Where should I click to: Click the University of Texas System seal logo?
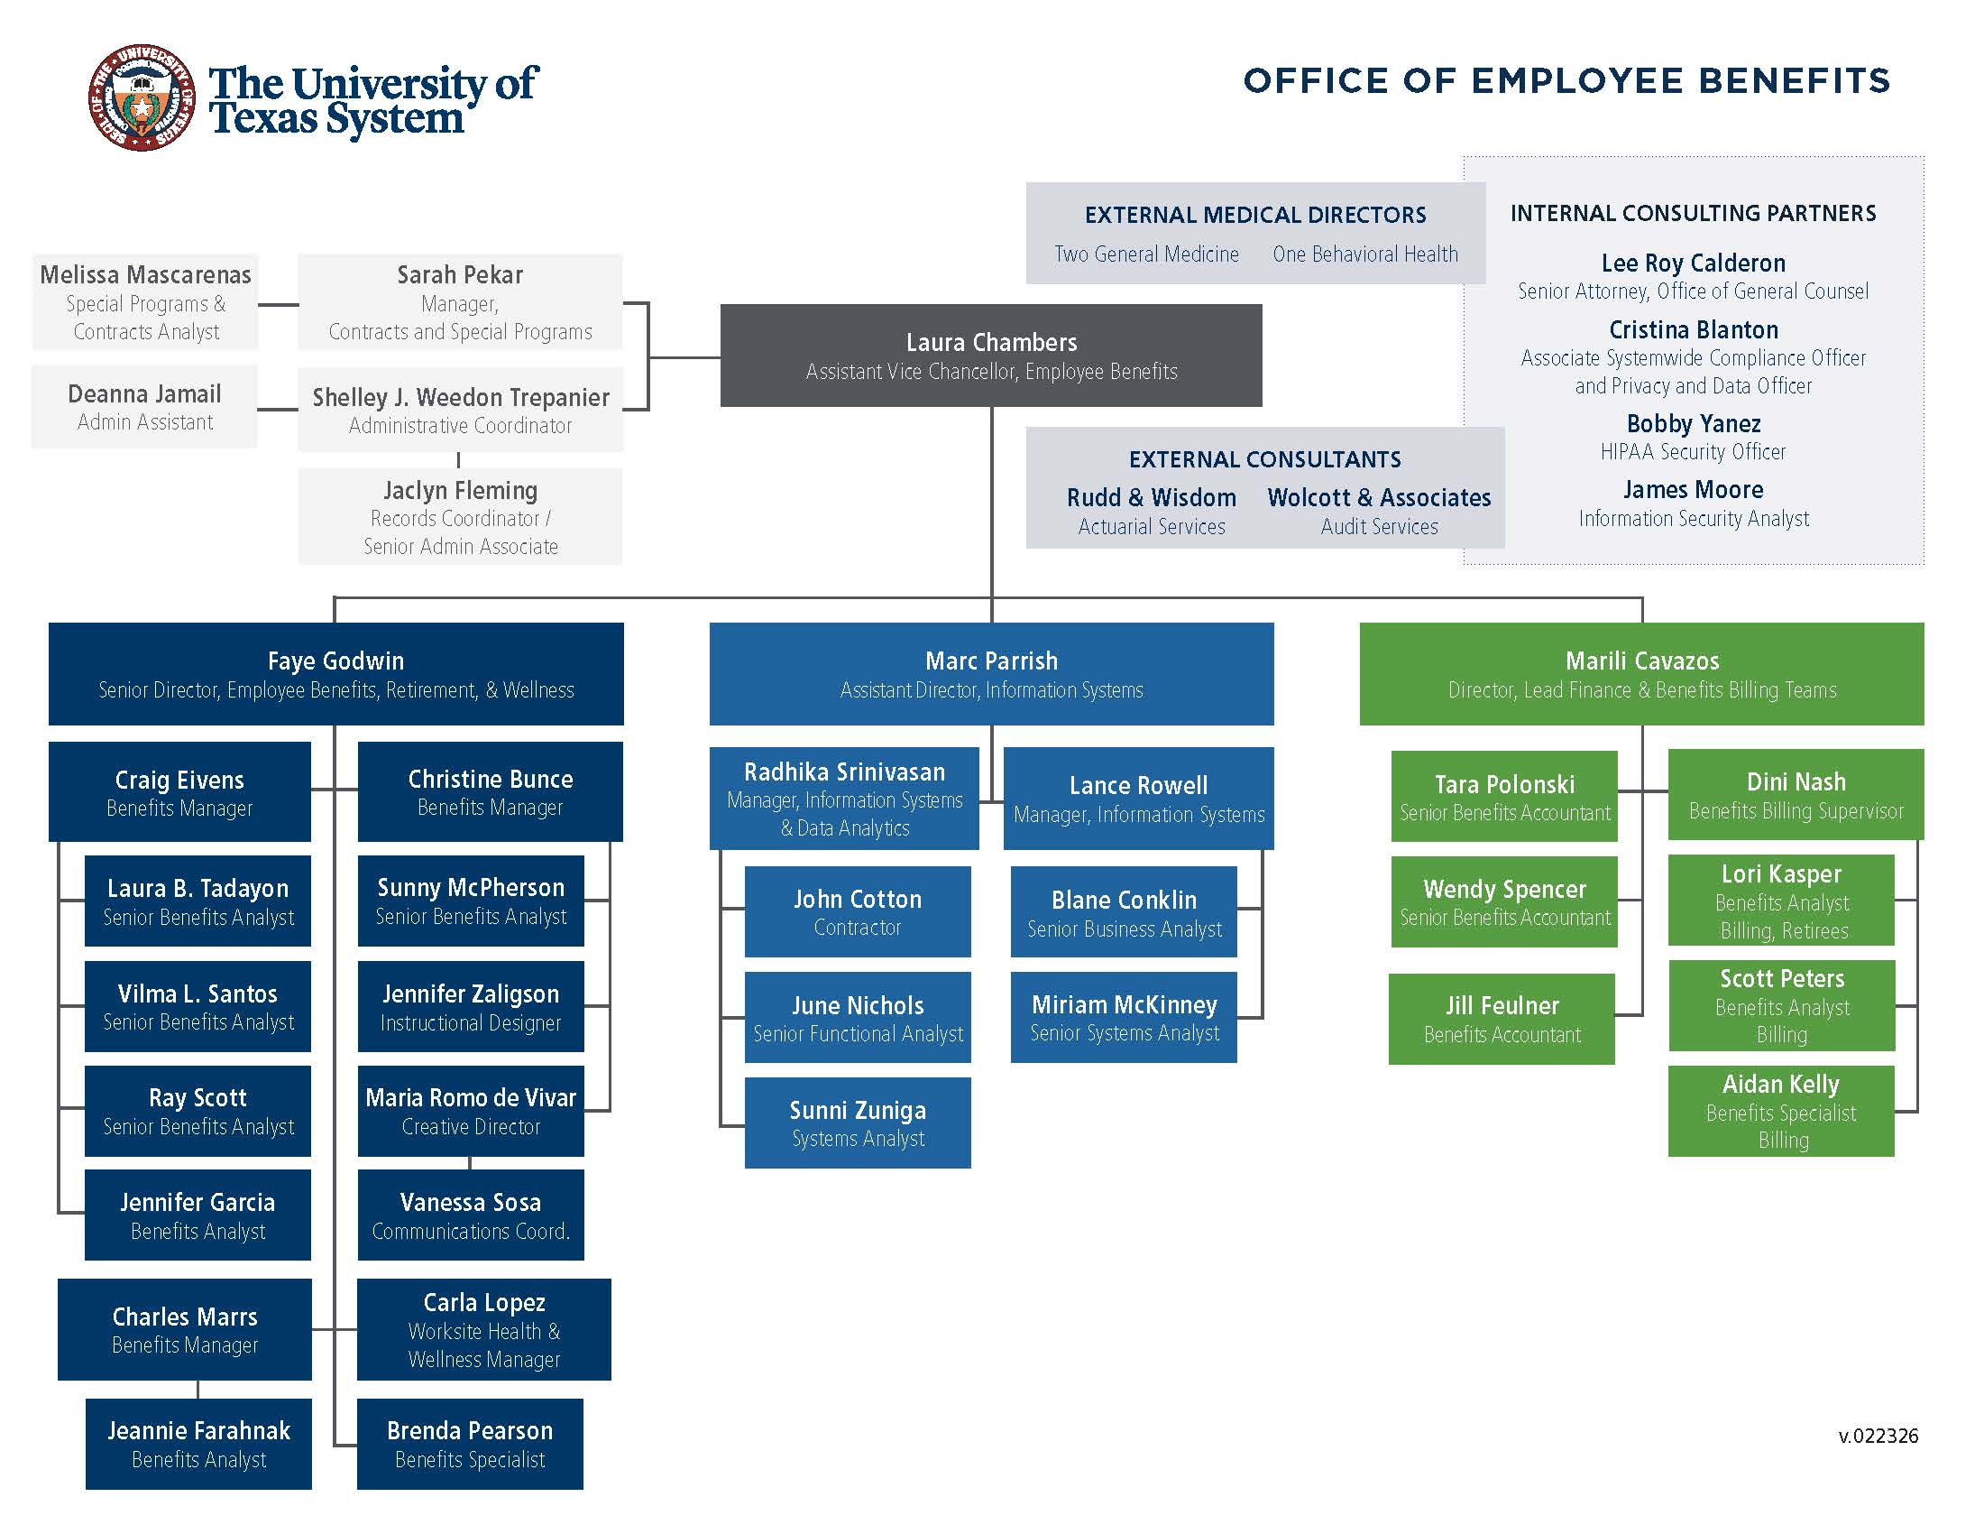142,98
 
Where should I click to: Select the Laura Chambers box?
990,356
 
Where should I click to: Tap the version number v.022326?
1878,1436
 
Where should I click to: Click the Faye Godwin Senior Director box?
336,673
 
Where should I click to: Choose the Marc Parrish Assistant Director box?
991,673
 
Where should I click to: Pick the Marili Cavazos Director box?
1640,673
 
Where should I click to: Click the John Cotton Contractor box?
858,911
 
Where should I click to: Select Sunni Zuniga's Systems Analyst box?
858,1123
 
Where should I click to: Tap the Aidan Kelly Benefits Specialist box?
1780,1111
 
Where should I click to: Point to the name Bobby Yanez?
1694,423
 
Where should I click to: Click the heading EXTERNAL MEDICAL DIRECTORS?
1254,216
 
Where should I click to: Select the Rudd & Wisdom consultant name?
1151,498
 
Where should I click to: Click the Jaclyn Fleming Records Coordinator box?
461,516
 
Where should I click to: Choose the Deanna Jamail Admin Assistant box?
144,406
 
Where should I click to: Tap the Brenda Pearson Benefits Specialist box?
470,1443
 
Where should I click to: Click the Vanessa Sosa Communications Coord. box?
471,1215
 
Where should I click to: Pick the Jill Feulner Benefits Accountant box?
1502,1019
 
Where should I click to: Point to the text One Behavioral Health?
1364,254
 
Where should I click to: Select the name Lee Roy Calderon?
1694,263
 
